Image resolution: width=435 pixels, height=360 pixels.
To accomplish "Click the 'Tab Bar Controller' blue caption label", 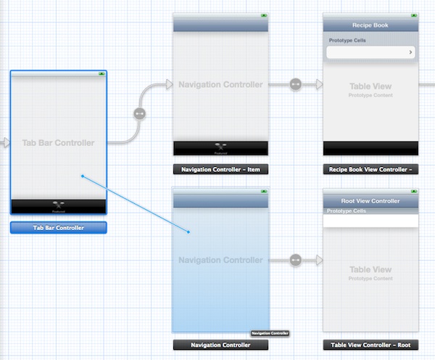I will (x=59, y=228).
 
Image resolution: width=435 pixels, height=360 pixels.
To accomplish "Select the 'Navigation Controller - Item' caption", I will (x=221, y=169).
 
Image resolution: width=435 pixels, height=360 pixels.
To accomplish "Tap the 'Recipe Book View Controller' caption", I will (x=370, y=169).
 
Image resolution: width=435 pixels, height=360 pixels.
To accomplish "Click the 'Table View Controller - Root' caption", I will (x=370, y=345).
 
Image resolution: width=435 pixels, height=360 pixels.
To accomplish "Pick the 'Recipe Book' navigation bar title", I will (x=370, y=25).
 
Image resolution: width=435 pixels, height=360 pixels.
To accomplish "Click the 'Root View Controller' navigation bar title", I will (x=370, y=201).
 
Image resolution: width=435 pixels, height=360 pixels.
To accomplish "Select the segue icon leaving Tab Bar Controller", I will (x=140, y=114).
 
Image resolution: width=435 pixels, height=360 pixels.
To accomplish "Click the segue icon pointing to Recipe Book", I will (x=295, y=84).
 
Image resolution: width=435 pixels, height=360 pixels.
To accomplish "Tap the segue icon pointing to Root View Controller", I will (x=295, y=259).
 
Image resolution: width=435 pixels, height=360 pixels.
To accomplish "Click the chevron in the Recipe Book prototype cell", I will (x=411, y=52).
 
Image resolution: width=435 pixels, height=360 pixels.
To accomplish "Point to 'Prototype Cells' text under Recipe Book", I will (x=347, y=41).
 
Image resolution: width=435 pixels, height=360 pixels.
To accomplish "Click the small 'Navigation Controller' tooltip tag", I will (x=270, y=333).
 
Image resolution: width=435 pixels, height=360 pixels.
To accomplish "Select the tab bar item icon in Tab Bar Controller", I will (x=59, y=205).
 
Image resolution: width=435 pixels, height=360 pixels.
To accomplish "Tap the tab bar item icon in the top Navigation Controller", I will (x=221, y=147).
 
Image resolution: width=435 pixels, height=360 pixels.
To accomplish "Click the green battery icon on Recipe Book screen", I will (x=413, y=15).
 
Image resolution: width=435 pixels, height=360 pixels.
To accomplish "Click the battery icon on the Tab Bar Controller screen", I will (x=101, y=73).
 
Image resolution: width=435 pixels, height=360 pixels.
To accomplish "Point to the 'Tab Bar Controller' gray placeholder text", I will (x=59, y=143).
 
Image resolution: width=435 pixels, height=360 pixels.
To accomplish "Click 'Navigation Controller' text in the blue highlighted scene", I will (x=221, y=260).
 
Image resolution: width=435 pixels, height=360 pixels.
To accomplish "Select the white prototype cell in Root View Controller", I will (x=370, y=221).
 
